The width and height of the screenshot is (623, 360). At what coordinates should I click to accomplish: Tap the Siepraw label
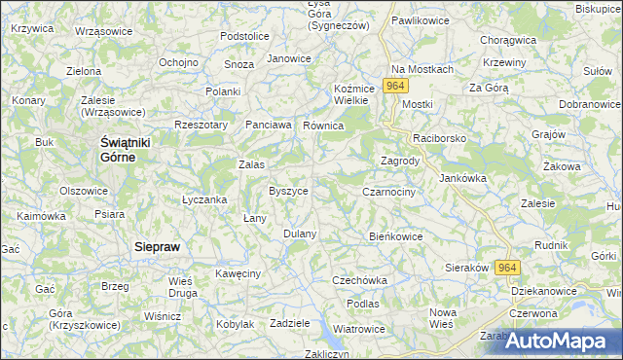pos(156,247)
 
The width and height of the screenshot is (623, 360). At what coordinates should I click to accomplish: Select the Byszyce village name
pos(289,191)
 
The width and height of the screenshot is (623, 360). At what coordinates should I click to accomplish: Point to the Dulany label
pos(300,234)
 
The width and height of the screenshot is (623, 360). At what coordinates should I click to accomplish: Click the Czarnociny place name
pos(388,193)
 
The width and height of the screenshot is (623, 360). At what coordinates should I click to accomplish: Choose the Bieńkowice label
pos(396,235)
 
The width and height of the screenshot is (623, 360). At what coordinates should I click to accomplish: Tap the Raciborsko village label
pos(440,139)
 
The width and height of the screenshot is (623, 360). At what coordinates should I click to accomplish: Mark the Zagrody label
pos(399,161)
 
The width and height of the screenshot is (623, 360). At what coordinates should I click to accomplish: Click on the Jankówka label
pos(462,178)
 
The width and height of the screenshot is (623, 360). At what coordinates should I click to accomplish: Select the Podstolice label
pos(244,36)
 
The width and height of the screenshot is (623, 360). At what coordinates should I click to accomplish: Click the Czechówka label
pos(359,280)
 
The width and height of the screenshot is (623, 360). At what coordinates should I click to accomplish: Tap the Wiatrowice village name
pos(357,329)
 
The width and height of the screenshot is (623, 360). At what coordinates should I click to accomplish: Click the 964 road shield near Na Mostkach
pos(394,87)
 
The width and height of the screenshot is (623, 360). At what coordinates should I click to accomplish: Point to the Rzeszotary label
pos(201,125)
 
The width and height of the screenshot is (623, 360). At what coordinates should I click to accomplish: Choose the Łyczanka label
pos(204,199)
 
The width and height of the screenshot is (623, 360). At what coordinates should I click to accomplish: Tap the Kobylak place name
pos(235,324)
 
